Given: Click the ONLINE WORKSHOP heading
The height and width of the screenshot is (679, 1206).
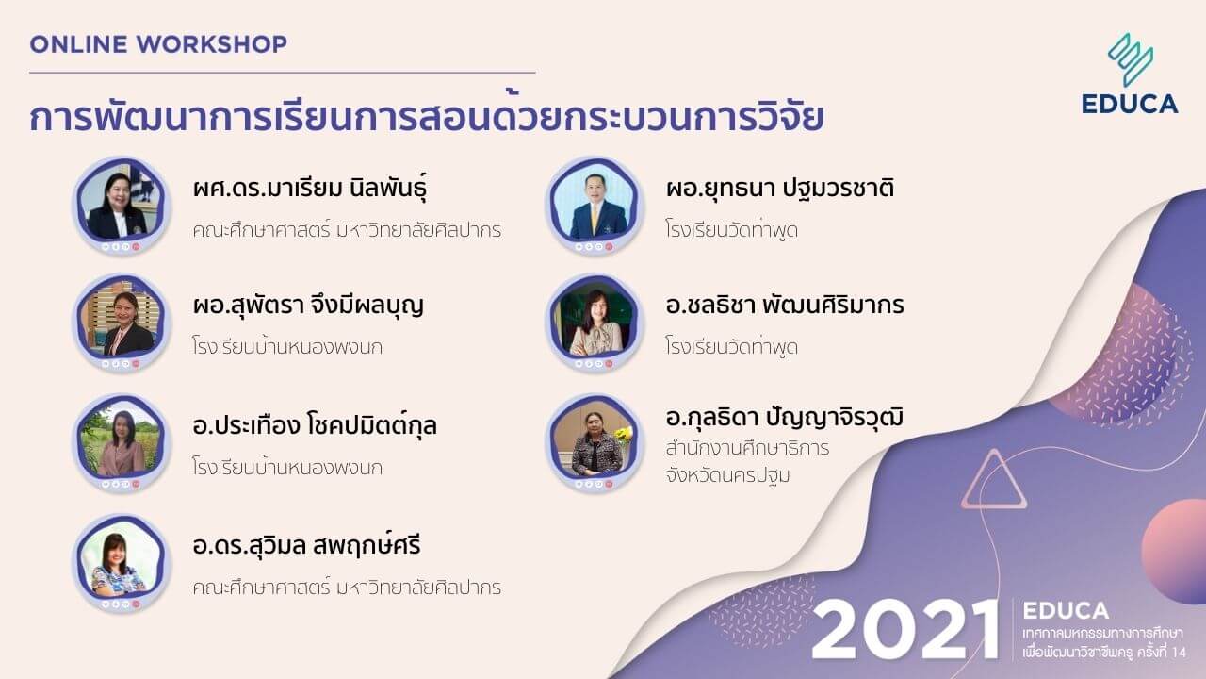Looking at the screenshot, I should (x=158, y=43).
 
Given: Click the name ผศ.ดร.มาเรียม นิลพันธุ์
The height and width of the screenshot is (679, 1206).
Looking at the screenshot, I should (x=317, y=189).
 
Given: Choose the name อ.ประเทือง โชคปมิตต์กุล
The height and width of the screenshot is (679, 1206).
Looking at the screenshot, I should (x=314, y=426).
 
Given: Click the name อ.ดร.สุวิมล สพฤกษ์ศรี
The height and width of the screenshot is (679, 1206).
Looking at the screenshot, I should (x=306, y=546).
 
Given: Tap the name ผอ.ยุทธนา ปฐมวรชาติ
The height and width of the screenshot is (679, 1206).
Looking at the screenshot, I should (x=779, y=189).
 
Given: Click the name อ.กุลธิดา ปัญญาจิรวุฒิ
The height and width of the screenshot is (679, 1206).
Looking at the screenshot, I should (x=784, y=417).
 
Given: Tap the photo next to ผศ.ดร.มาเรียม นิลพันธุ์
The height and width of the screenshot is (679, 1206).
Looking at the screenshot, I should (x=118, y=205).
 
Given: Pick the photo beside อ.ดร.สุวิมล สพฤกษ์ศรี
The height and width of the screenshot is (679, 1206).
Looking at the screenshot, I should (x=118, y=563).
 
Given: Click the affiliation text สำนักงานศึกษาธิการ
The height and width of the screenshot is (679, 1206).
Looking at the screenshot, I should (x=747, y=448).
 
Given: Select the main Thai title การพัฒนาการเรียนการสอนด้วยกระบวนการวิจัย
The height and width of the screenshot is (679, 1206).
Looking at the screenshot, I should (x=427, y=118).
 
